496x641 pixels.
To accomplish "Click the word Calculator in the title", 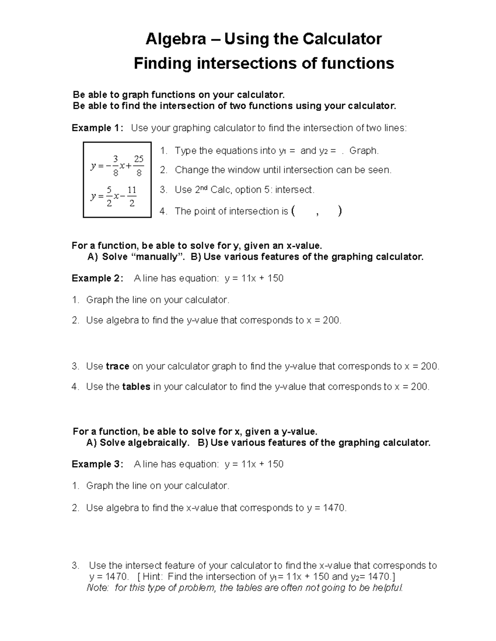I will point(342,39).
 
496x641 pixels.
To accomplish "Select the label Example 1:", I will point(97,128).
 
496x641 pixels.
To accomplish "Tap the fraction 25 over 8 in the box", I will point(138,166).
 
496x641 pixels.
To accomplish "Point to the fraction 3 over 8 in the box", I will point(115,166).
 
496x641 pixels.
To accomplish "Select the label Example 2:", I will point(97,279).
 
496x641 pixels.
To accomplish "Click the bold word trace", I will point(118,367).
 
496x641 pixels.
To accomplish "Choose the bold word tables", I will point(136,387).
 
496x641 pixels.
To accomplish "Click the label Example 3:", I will point(97,464).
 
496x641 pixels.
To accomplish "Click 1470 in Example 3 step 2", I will point(334,508).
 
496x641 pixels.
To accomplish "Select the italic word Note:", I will point(98,588).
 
